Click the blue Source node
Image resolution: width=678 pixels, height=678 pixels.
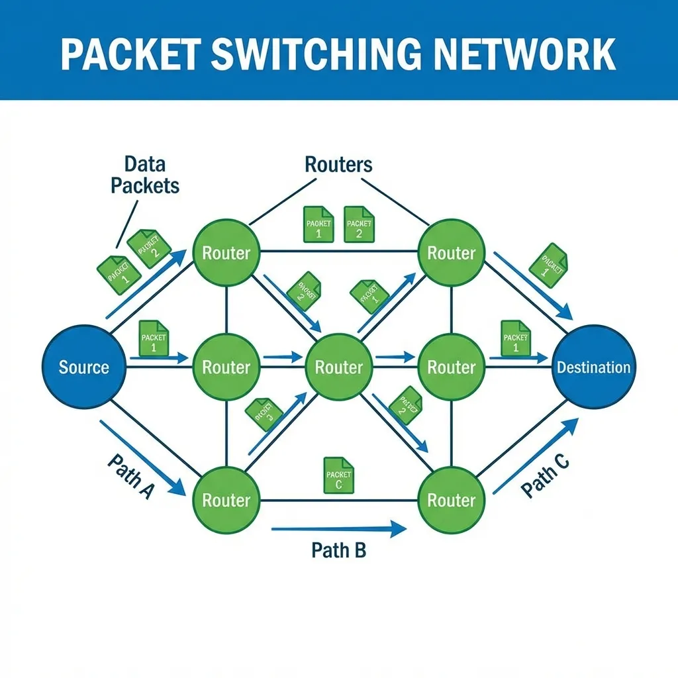[84, 367]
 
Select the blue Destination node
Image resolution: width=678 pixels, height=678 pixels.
[593, 367]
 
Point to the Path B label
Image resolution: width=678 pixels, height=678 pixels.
[338, 550]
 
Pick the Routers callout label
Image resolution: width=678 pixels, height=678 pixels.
[338, 164]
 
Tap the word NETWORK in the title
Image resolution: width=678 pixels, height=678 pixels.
[538, 54]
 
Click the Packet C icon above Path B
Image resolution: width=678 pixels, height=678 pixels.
[338, 475]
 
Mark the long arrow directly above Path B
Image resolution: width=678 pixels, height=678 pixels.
[338, 528]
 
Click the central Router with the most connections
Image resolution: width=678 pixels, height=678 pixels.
[338, 367]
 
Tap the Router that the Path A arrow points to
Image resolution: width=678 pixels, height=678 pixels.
[226, 500]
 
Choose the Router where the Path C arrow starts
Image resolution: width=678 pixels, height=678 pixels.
[451, 500]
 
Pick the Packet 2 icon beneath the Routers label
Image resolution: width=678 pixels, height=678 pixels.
[359, 224]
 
